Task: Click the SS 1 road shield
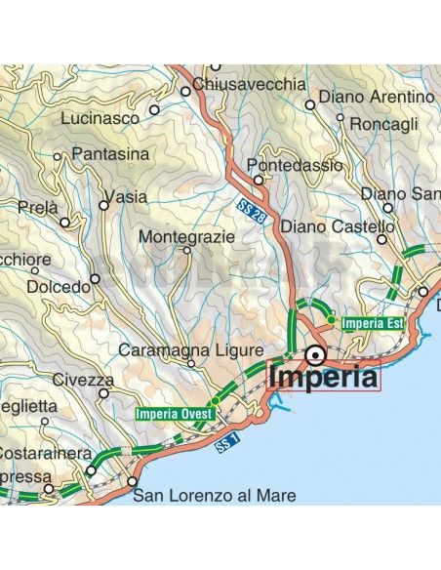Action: pos(225,447)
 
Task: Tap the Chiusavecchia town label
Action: pos(250,85)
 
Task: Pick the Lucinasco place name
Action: pos(100,116)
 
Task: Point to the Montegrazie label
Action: pos(186,236)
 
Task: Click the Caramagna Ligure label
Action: pos(190,349)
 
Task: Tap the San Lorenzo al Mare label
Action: pos(214,496)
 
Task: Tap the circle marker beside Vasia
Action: pos(104,205)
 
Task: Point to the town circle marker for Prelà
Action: pos(65,222)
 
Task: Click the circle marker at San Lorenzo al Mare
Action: pos(132,481)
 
